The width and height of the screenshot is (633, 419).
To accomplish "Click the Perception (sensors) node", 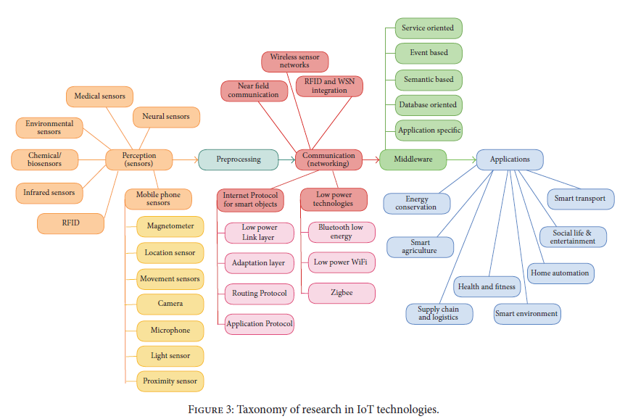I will click(138, 159).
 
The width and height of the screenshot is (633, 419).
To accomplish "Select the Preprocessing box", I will click(238, 159).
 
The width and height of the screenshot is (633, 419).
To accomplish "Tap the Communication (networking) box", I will click(328, 159).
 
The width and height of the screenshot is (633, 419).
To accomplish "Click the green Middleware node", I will click(413, 159).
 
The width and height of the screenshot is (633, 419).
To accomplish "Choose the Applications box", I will click(509, 159).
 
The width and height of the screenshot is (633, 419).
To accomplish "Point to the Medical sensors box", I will click(99, 96).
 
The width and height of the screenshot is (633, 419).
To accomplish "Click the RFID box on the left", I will click(70, 224).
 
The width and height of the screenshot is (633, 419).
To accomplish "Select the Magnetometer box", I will click(170, 226).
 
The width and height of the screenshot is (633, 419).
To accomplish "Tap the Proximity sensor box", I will click(170, 381).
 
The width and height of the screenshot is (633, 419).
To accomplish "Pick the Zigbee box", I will click(341, 293).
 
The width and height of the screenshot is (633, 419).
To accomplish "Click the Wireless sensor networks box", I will click(294, 61).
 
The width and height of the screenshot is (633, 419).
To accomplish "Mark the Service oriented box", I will click(428, 28).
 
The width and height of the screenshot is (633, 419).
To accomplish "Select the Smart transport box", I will click(579, 199).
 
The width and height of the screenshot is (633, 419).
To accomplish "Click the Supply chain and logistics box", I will click(439, 313).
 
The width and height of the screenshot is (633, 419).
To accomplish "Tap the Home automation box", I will click(560, 273).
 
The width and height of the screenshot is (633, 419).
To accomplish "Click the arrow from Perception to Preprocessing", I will click(185, 159).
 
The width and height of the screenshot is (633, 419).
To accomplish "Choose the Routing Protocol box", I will click(259, 294).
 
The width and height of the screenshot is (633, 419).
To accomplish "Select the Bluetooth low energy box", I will click(341, 232).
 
